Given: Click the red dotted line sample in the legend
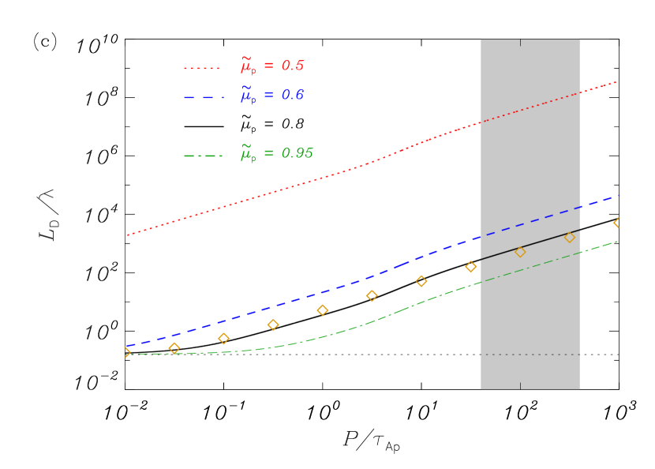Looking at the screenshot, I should [202, 68].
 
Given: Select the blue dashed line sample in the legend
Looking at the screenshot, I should [203, 97].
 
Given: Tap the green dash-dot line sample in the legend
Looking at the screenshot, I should [203, 156].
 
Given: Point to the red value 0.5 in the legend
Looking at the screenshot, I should [292, 66].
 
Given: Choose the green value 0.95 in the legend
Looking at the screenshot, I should [297, 154].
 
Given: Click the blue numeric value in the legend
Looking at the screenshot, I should [292, 96].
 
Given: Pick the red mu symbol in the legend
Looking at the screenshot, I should [247, 66].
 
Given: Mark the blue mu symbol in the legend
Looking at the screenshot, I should [247, 96].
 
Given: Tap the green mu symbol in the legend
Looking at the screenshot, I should [247, 154].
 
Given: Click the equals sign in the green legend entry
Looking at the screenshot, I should [268, 154].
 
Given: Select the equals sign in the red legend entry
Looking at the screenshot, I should [268, 66].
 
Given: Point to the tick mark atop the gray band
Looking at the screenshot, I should [520, 43].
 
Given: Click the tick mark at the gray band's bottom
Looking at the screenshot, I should [520, 386].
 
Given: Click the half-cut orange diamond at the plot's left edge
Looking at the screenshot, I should [126, 352].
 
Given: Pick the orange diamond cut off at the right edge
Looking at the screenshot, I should [618, 223].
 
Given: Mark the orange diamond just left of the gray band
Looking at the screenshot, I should [470, 267].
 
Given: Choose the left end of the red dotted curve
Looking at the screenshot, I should [129, 234].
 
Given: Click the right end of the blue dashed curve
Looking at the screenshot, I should [618, 196].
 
